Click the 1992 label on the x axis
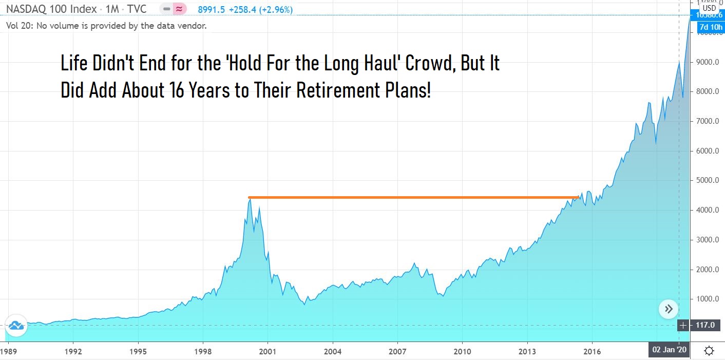click(73, 352)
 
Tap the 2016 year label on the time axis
click(592, 352)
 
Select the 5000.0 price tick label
click(707, 181)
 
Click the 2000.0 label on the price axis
click(707, 270)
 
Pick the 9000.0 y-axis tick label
click(707, 62)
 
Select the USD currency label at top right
click(709, 8)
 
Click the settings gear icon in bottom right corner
click(709, 351)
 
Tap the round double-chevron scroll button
click(669, 309)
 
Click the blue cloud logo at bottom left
click(16, 325)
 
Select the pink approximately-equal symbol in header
click(180, 9)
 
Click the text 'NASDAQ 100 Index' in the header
click(51, 9)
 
